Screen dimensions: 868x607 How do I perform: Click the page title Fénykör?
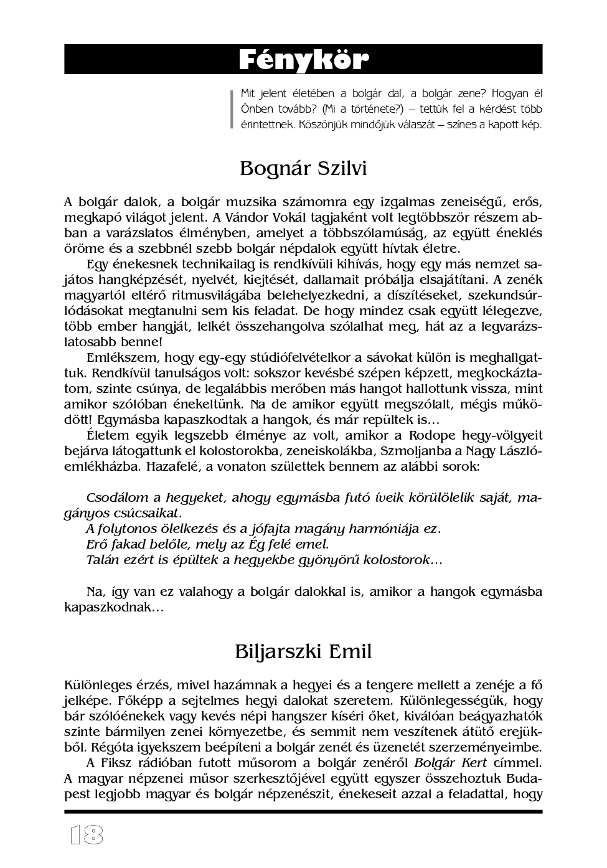(x=303, y=60)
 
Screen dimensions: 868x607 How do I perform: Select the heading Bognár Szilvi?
(x=303, y=169)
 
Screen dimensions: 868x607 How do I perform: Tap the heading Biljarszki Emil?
(x=303, y=651)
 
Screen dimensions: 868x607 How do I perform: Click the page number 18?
(x=86, y=835)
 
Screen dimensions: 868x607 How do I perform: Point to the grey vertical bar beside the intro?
(x=232, y=109)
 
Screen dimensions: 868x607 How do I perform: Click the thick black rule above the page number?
(x=303, y=812)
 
